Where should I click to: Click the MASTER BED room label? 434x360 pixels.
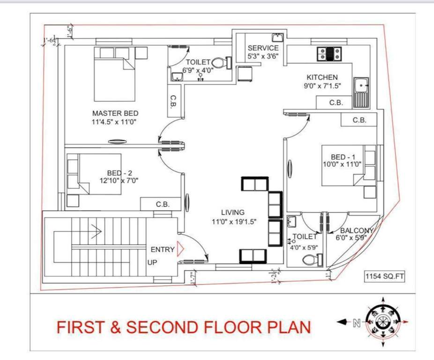115,113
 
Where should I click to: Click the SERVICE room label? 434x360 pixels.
263,48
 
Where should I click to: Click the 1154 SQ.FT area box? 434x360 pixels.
384,277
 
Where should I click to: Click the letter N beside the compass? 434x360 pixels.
356,322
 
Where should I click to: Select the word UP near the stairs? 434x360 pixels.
152,262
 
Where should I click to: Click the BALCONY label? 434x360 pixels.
357,231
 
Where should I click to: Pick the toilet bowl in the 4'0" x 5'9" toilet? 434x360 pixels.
319,259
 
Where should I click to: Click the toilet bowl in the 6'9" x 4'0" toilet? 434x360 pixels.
218,62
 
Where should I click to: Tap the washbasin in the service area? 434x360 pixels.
277,37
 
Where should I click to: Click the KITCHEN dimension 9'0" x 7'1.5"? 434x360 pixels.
322,86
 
